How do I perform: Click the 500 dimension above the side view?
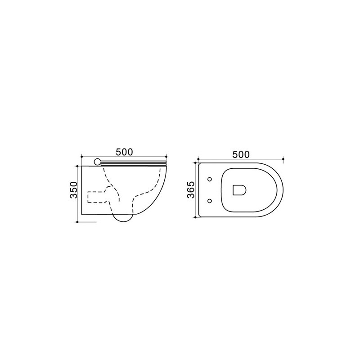(x=124, y=152)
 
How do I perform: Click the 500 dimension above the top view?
(x=241, y=155)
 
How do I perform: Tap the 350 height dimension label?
(x=74, y=190)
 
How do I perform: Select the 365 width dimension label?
(x=191, y=189)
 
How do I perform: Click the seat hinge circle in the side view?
(x=97, y=162)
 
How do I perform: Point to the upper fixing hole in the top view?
(x=210, y=179)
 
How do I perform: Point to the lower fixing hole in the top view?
(x=209, y=201)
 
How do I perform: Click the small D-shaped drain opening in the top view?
(x=239, y=190)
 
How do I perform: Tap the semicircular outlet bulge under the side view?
(x=123, y=218)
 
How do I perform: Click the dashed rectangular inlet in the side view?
(x=96, y=197)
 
